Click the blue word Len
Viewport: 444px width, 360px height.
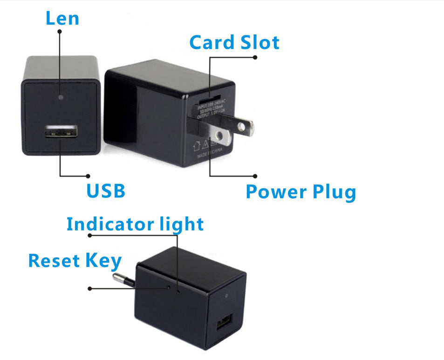click(x=62, y=19)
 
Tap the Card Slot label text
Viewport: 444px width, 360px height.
click(x=234, y=42)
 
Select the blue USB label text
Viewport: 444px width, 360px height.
click(x=106, y=191)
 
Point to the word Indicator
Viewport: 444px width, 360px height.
click(x=105, y=224)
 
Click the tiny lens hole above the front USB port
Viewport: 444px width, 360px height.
click(x=61, y=98)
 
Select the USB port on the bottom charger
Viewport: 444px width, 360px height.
click(x=224, y=323)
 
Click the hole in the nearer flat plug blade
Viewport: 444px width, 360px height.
click(x=219, y=136)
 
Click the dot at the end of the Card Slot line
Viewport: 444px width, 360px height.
click(x=255, y=57)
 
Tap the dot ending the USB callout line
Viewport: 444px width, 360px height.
click(x=89, y=176)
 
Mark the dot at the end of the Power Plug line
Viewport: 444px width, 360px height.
click(x=255, y=176)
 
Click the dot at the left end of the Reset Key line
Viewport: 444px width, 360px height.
click(x=89, y=289)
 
